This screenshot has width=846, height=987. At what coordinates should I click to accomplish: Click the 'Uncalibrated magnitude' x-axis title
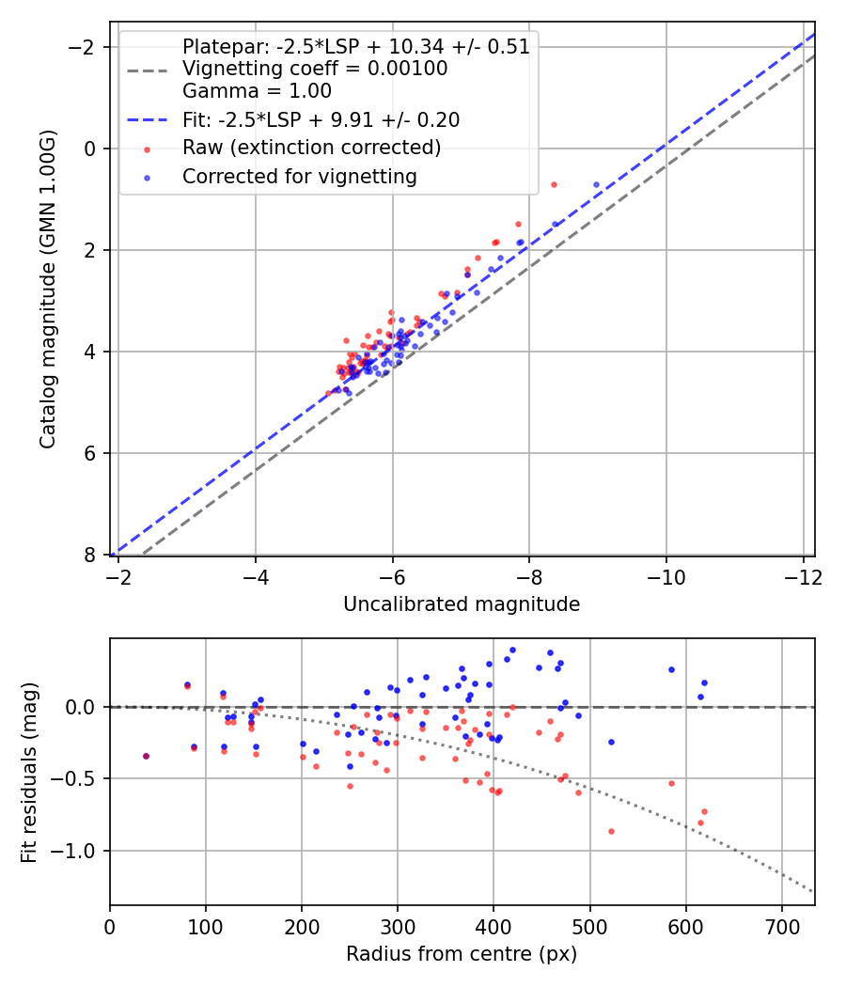click(462, 604)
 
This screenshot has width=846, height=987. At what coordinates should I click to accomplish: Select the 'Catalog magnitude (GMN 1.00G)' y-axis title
click(47, 289)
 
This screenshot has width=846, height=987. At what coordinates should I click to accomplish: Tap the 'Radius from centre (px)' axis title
click(462, 954)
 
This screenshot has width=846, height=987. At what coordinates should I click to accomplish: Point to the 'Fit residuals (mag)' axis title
click(29, 772)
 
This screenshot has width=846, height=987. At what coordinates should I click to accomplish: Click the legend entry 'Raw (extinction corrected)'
click(311, 148)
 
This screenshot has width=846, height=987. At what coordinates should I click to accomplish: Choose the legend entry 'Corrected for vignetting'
click(299, 176)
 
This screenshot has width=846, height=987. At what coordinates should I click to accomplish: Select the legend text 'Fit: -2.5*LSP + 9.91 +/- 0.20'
click(321, 119)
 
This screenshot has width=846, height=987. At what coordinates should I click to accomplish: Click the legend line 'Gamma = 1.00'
click(257, 91)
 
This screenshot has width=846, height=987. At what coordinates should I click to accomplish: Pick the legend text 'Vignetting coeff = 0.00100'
click(315, 69)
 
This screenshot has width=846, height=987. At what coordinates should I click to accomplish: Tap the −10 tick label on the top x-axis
click(666, 574)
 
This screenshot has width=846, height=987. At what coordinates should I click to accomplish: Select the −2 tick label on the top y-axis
click(86, 47)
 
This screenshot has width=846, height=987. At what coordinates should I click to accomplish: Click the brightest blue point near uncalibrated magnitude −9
click(596, 185)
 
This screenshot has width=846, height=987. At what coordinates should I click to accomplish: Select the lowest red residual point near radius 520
click(611, 831)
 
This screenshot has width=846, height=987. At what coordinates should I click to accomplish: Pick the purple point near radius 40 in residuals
click(146, 756)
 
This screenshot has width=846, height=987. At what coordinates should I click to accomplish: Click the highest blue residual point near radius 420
click(512, 650)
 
